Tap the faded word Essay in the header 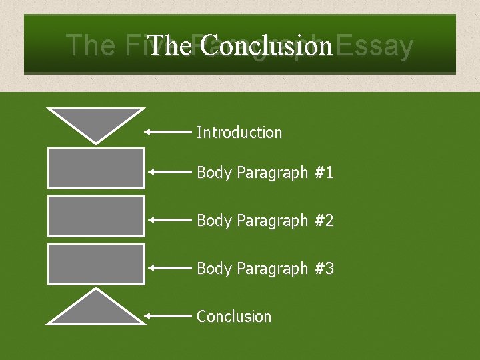[375, 46]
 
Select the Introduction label [239, 133]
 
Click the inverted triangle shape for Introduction [96, 121]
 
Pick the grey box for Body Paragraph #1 [96, 168]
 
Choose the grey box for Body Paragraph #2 [96, 216]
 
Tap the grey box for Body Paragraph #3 [96, 264]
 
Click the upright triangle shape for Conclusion [96, 311]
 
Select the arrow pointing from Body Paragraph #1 [169, 172]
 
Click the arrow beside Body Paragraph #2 [169, 219]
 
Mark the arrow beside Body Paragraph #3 [169, 268]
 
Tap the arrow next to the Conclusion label [169, 315]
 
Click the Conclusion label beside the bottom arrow [234, 316]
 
